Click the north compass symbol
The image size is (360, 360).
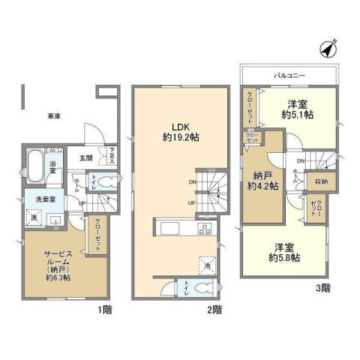[327, 48]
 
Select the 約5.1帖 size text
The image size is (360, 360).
[298, 116]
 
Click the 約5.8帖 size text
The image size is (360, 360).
[285, 257]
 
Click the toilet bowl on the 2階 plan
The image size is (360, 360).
[201, 287]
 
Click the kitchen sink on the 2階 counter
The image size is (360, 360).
[167, 227]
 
